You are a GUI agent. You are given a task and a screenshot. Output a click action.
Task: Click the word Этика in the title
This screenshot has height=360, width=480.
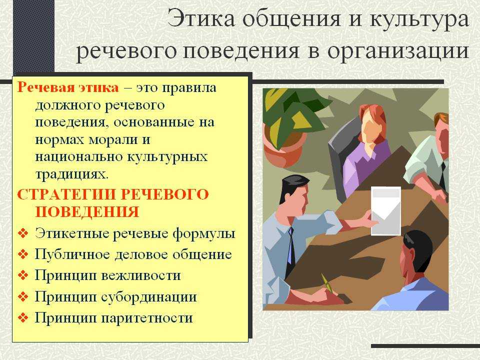pyautogui.click(x=201, y=19)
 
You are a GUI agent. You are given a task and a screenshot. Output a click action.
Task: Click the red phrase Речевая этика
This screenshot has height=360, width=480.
pyautogui.click(x=68, y=87)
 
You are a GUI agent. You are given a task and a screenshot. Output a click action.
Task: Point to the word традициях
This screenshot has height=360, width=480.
pyautogui.click(x=72, y=175)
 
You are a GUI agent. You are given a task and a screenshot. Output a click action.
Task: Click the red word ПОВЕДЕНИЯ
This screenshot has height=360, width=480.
pyautogui.click(x=87, y=212)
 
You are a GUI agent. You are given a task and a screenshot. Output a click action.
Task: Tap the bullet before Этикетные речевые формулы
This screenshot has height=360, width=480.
pyautogui.click(x=23, y=233)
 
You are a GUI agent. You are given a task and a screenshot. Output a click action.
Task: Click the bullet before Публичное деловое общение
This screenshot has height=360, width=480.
pyautogui.click(x=23, y=254)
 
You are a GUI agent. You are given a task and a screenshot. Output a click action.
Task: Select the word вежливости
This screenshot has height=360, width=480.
pyautogui.click(x=141, y=275)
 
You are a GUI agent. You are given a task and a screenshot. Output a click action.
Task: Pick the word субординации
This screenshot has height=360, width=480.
pyautogui.click(x=149, y=297)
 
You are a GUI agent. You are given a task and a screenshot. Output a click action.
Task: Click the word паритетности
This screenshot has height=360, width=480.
pyautogui.click(x=147, y=318)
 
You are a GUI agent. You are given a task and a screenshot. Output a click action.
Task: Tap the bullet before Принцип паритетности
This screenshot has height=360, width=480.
pyautogui.click(x=23, y=317)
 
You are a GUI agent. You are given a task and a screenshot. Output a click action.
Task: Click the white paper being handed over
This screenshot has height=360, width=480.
pyautogui.click(x=385, y=211)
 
